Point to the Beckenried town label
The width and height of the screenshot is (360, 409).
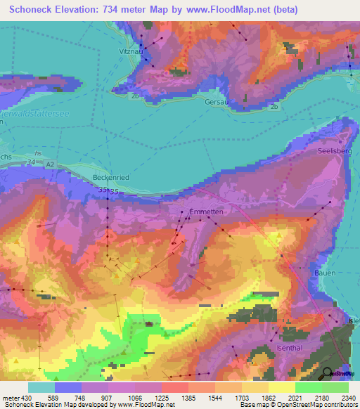click(110, 178)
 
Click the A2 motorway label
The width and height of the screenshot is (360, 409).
click(50, 164)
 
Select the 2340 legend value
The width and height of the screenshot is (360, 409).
click(349, 398)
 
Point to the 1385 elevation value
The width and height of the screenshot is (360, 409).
click(188, 398)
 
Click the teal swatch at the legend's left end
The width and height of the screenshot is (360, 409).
click(41, 387)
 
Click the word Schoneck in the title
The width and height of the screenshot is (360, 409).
click(31, 10)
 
